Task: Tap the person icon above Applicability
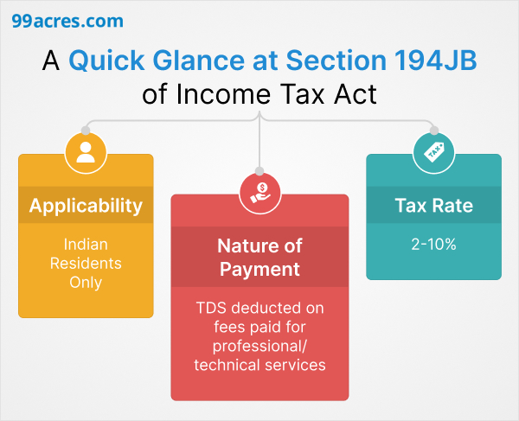pos(85,154)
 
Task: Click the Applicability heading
pos(86,206)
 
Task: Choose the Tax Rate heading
pos(434,206)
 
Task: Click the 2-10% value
pos(434,245)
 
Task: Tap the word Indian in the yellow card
pos(86,245)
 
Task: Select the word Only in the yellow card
pos(86,282)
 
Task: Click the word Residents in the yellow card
pos(86,263)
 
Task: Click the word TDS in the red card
pos(212,308)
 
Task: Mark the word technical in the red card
pos(228,365)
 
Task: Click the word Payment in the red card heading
pos(259,269)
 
